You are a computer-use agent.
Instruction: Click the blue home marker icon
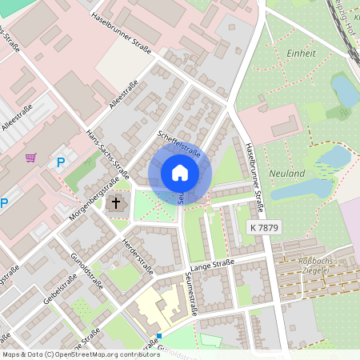pos(179,173)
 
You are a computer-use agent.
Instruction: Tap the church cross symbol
pos(116,202)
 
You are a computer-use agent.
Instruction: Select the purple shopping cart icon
pos(31,158)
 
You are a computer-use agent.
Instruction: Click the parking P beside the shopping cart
pos(61,162)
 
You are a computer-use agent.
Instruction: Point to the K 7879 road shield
pos(264,228)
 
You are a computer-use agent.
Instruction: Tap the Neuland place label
pos(287,174)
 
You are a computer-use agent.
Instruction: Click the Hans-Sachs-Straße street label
pos(107,152)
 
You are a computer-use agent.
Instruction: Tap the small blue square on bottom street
pos(159,336)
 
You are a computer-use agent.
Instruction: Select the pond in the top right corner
pos(345,90)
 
